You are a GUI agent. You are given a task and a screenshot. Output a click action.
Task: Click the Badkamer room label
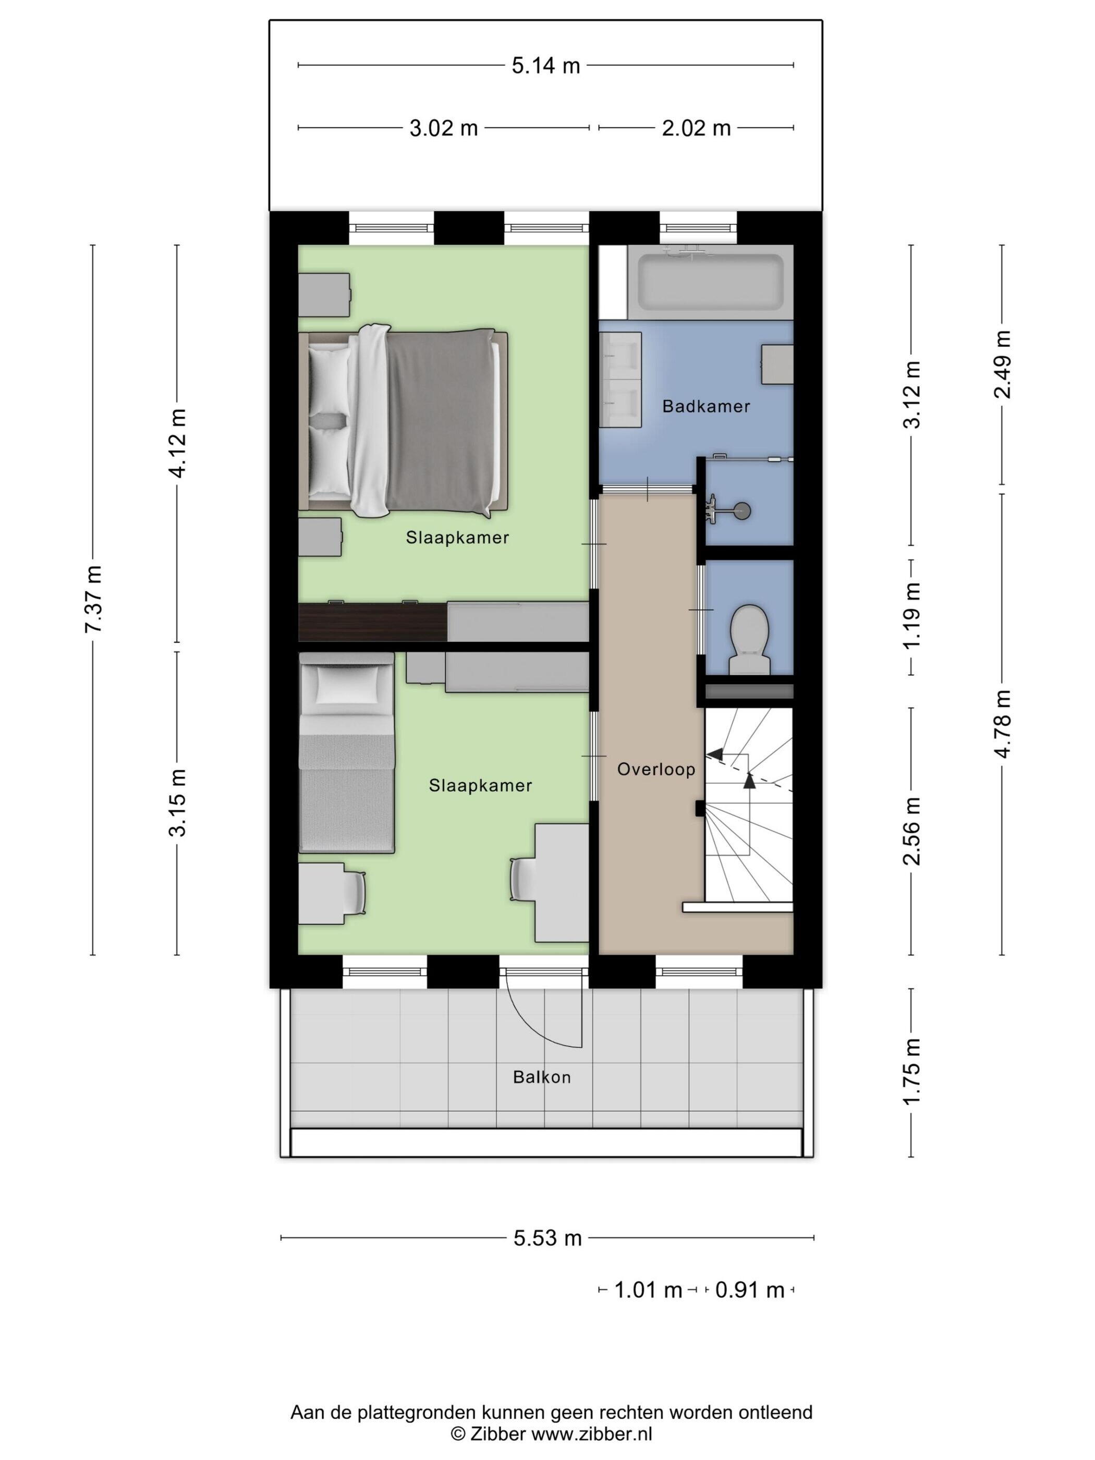[705, 406]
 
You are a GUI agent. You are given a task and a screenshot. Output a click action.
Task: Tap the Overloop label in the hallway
[656, 769]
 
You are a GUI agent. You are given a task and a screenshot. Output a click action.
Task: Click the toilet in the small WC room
[750, 639]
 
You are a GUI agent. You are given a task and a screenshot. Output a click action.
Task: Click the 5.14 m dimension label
[546, 65]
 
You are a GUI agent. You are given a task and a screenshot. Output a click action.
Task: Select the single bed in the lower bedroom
[347, 752]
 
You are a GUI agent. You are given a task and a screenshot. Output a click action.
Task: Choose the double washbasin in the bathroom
[620, 380]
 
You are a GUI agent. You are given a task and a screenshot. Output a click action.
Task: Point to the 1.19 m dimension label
[911, 616]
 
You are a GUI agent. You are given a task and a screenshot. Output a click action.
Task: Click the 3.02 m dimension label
[444, 128]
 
